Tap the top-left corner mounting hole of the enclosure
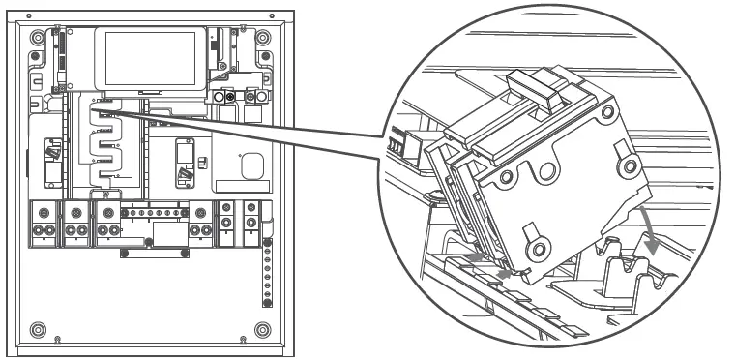[36, 38]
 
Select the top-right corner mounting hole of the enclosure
[264, 38]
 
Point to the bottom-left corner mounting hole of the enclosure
[36, 328]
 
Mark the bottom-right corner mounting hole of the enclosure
[264, 328]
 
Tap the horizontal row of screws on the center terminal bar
[155, 209]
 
